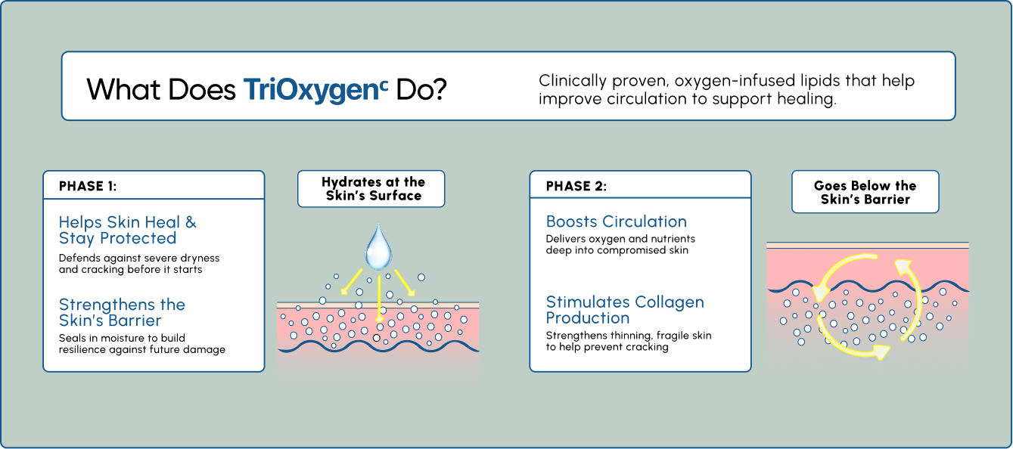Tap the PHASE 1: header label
[88, 186]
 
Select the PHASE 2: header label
[576, 186]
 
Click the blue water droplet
[378, 246]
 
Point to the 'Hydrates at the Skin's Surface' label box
[371, 189]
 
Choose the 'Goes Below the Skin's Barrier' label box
[865, 191]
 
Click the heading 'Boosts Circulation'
[617, 221]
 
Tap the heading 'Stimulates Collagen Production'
[625, 310]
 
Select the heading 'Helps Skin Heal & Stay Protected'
[128, 230]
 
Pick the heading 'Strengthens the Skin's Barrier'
[122, 312]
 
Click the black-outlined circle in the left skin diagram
[376, 338]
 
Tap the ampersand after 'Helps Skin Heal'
[191, 222]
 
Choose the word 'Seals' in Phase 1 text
[71, 338]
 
